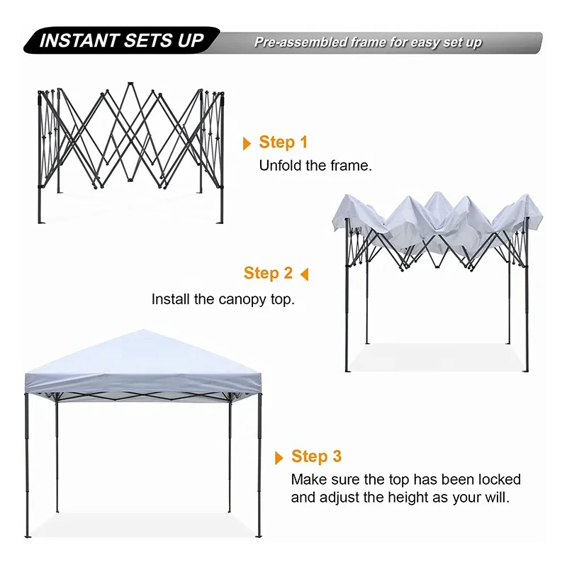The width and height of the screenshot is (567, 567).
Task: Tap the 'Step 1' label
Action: pos(283,142)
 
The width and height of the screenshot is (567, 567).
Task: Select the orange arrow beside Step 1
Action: pos(247,144)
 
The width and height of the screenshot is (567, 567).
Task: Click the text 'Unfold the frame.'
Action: pos(315,166)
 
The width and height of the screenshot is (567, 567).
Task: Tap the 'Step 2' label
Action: pos(268,273)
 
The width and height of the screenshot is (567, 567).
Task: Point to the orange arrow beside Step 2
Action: pos(305,274)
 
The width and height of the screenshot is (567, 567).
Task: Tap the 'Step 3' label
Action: pos(316,456)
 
